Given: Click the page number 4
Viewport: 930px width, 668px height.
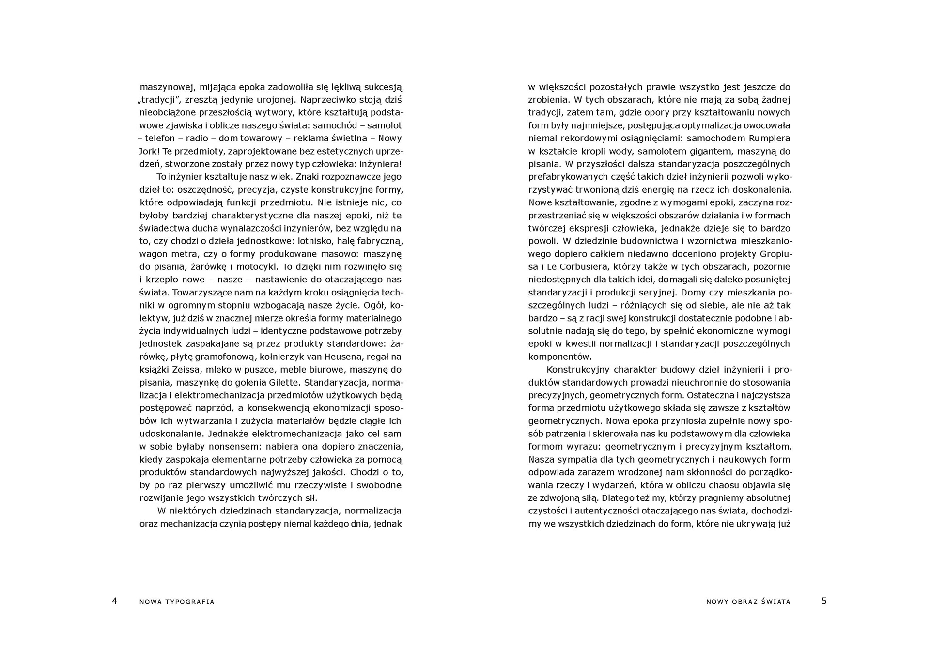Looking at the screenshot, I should [115, 601].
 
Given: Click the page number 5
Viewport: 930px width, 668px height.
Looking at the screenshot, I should [824, 601].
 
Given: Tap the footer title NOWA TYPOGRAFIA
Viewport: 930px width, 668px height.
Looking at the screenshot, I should [177, 602].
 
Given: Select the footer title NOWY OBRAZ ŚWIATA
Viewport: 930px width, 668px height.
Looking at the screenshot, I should [748, 602].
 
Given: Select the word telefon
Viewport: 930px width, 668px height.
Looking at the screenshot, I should [160, 139].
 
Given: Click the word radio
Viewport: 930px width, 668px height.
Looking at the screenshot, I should [197, 139].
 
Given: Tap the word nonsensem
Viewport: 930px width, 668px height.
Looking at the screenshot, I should [218, 447].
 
